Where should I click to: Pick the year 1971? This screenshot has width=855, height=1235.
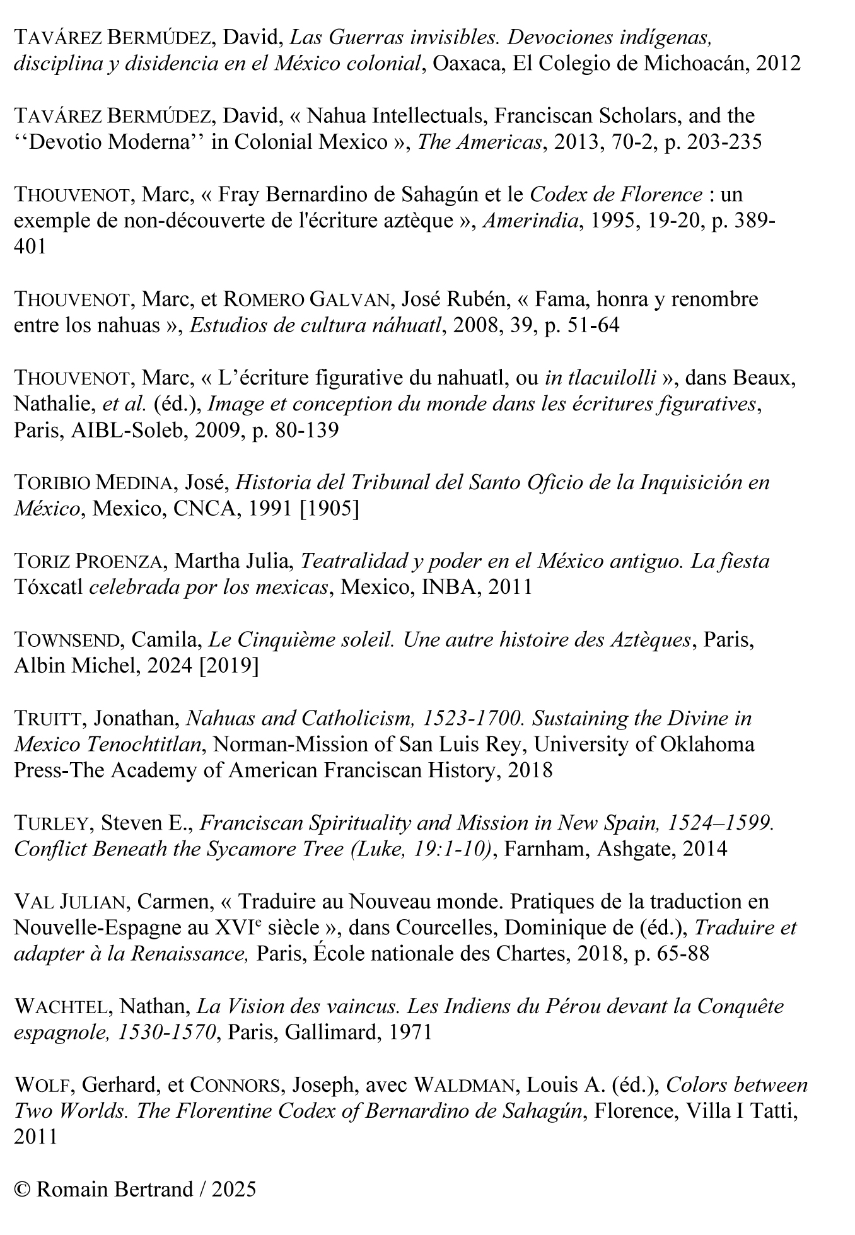point(410,1032)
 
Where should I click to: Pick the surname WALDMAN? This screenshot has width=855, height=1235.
point(467,1085)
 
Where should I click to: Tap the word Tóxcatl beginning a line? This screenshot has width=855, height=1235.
point(49,587)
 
